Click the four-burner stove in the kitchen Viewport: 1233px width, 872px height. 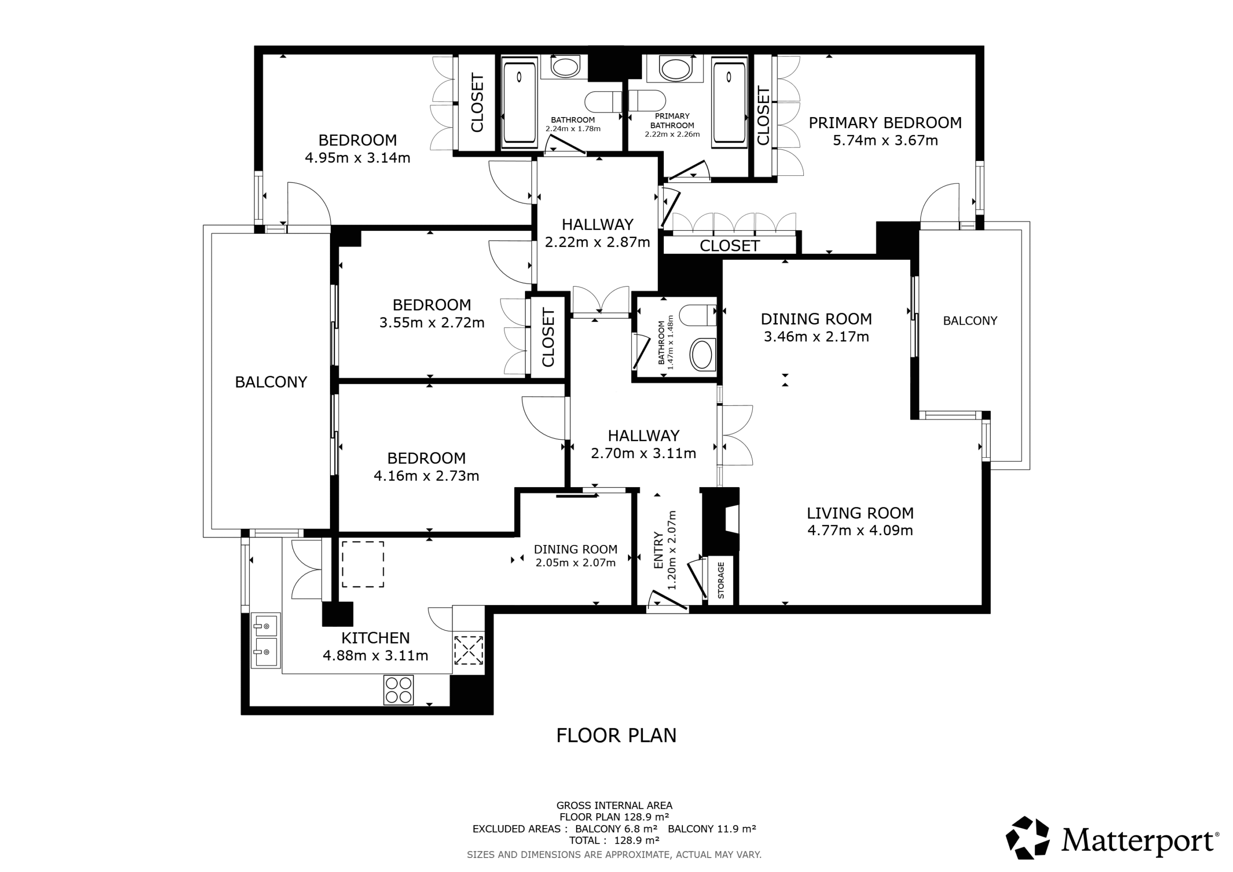(398, 690)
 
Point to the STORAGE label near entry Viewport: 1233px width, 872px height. (721, 580)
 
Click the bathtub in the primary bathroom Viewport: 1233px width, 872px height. (729, 102)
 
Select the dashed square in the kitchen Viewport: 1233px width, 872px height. (363, 564)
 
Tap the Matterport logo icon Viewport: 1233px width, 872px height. (1027, 838)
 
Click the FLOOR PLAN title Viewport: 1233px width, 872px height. (616, 735)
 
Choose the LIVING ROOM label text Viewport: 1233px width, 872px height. (860, 513)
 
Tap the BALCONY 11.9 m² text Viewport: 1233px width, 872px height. (711, 829)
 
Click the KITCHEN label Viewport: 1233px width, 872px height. (375, 638)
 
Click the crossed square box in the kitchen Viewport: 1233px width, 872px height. (468, 650)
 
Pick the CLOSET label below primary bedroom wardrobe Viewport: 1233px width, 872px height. (729, 246)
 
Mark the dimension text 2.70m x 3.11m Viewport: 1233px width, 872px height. (643, 453)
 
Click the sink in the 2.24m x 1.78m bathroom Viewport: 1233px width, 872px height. (564, 68)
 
